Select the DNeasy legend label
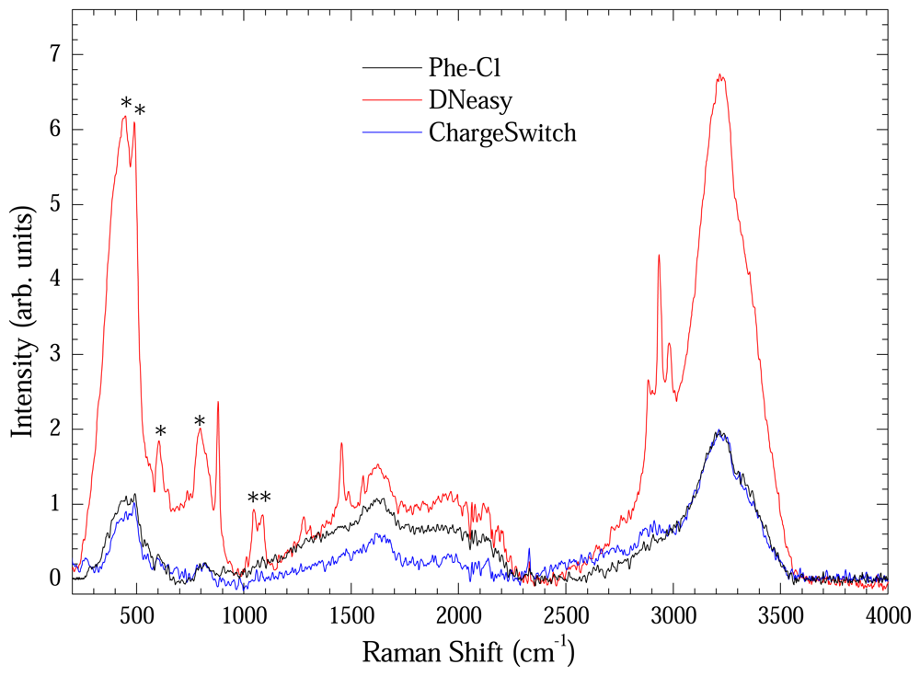tap(469, 100)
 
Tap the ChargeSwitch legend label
tap(502, 132)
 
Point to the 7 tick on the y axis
tap(56, 55)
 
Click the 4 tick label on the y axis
tap(56, 280)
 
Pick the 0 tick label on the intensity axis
tap(56, 579)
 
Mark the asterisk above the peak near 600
tap(160, 431)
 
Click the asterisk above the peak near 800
tap(200, 421)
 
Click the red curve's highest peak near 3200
tap(720, 76)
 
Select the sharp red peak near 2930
tap(659, 256)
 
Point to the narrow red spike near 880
tap(218, 403)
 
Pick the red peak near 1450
tap(341, 444)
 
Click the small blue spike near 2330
tap(529, 550)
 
